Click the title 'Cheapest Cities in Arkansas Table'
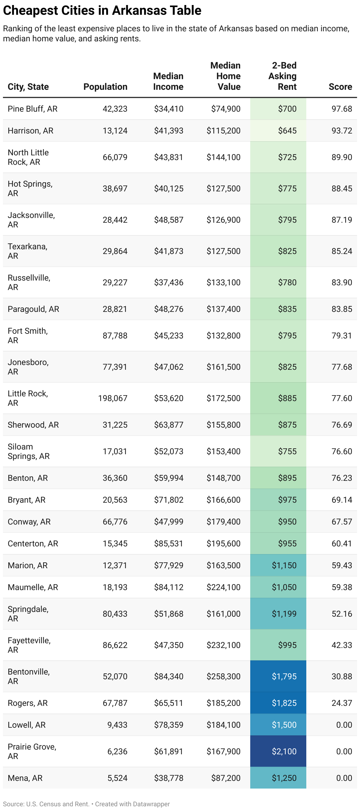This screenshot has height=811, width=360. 102,11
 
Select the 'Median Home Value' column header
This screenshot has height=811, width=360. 225,76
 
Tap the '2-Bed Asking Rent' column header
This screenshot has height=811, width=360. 283,76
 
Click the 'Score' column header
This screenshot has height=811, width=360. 340,87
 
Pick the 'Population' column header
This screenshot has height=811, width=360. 105,87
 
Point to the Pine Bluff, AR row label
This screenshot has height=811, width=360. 32,109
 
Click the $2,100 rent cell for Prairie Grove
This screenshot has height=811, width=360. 284,752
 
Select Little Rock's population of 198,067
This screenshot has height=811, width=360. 113,398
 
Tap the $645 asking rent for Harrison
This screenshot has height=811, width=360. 287,131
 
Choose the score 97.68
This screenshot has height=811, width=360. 341,109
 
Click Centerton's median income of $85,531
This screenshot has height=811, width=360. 168,544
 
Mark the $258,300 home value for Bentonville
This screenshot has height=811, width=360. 223,677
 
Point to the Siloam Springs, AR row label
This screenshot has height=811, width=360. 29,452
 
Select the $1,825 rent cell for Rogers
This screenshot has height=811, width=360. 284,703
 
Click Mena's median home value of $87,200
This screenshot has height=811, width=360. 226,778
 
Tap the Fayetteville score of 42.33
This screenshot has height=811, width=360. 341,645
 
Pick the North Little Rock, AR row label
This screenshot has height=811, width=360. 28,157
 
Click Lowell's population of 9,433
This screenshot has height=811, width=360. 117,725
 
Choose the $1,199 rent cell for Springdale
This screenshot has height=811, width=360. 284,614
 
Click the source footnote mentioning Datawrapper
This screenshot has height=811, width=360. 86,804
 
